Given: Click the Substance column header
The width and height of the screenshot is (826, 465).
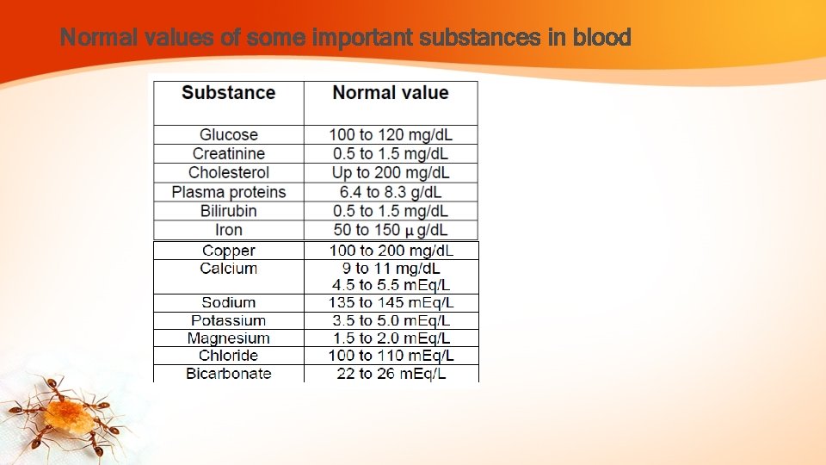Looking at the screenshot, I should (x=228, y=93).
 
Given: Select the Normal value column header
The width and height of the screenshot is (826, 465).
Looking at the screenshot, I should (x=391, y=93).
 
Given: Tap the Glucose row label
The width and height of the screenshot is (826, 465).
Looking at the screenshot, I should (x=229, y=134).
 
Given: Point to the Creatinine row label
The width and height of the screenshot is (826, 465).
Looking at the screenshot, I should (x=229, y=153).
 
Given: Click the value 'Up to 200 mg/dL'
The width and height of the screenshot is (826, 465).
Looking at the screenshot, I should (x=391, y=172).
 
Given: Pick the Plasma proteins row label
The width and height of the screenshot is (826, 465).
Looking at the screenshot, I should (x=229, y=192).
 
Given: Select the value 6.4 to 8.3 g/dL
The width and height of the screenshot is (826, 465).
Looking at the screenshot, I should (x=391, y=192).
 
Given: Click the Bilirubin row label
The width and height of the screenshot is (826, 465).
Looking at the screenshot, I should (x=229, y=211).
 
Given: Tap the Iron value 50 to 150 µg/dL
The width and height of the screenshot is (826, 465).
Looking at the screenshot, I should (x=391, y=230).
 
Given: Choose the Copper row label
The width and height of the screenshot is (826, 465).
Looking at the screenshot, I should (x=229, y=251).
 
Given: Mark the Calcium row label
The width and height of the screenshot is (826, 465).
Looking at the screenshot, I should (x=229, y=269).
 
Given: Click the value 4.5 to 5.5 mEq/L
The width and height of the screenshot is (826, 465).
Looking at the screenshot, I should (x=391, y=285).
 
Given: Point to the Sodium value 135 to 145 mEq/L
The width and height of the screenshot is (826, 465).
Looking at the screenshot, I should (x=391, y=302).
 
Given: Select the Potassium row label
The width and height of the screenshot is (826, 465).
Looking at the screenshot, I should (x=229, y=320).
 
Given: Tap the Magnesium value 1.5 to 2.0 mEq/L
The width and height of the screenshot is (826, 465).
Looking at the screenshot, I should (x=391, y=338).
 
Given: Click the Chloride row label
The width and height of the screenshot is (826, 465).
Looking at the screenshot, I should (x=229, y=356).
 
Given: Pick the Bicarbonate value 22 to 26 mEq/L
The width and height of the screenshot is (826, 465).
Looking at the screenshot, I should (x=391, y=374).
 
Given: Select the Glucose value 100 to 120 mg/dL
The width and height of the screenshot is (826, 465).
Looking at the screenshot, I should (x=391, y=134).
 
